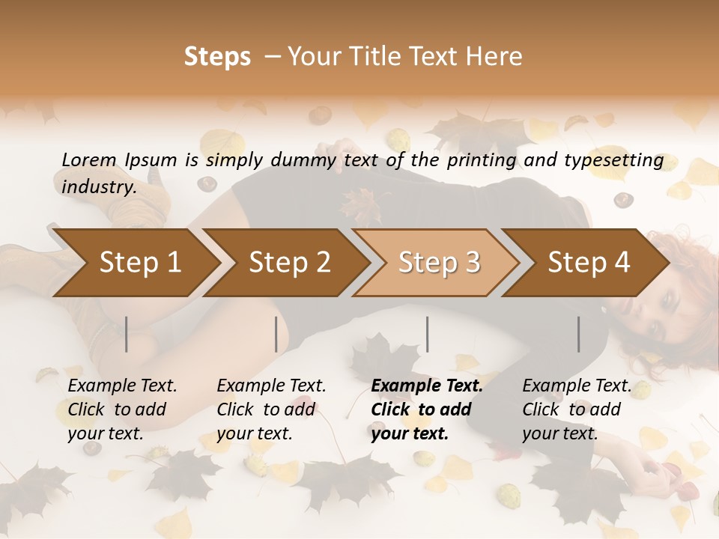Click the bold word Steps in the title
[217, 57]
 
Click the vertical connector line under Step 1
[126, 334]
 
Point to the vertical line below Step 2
[276, 334]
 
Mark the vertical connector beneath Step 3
[427, 334]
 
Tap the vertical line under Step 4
[578, 334]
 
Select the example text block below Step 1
[122, 409]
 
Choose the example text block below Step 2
[271, 409]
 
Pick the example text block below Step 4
[577, 409]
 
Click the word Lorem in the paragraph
[89, 159]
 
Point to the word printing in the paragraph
[479, 160]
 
